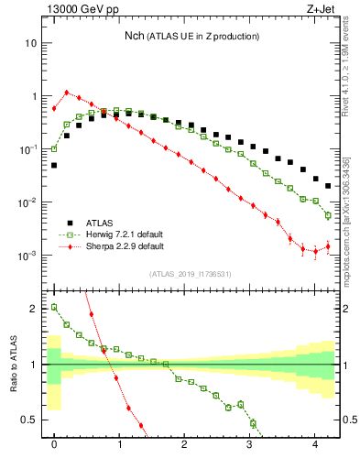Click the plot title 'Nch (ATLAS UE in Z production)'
(x=191, y=36)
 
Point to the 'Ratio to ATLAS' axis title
(x=14, y=364)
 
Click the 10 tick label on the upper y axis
(x=31, y=43)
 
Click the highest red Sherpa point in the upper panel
(x=67, y=92)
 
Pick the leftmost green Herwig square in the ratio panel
(x=54, y=307)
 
